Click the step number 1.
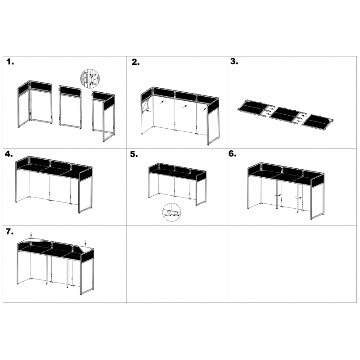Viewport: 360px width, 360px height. [10, 62]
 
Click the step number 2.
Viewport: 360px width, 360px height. [135, 63]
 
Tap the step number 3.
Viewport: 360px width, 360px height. [234, 62]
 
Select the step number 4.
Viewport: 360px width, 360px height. [9, 154]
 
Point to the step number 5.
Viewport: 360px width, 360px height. [134, 154]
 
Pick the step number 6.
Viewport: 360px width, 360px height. [232, 153]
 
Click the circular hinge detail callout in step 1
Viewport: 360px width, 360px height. [88, 79]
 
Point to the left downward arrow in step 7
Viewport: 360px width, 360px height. [30, 234]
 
